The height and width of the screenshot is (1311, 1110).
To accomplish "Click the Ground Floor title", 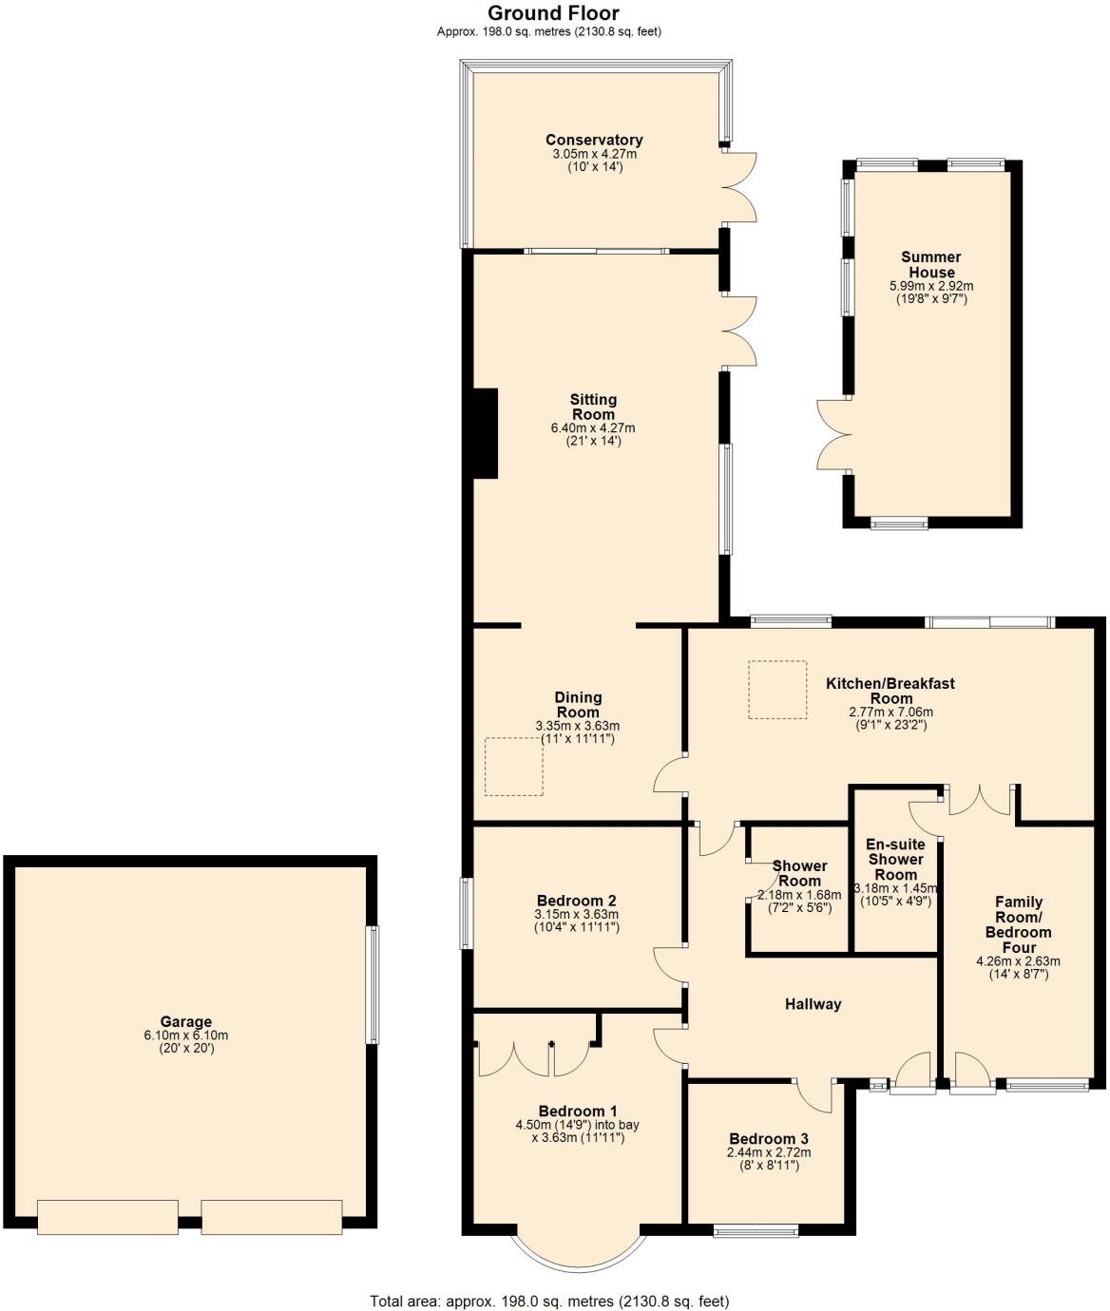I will [552, 13].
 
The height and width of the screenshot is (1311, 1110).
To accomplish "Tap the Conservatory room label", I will [594, 141].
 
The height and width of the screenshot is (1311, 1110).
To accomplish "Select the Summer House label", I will [931, 264].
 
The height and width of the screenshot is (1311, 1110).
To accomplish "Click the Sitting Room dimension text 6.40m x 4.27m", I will [593, 428].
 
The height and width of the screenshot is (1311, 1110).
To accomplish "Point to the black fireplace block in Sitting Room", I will [486, 432].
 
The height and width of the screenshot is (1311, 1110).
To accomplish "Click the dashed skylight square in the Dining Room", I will [514, 766].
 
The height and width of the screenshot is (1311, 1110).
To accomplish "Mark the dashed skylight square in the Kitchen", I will [777, 691].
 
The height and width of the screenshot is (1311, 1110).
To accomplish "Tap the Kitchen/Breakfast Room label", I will [890, 691].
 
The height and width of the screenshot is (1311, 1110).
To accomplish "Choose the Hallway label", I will [813, 1004].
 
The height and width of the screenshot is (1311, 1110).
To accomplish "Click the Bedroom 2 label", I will [577, 901].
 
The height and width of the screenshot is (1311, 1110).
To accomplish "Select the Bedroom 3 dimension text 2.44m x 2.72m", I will [769, 1153].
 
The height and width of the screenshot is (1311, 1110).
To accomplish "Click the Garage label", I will [185, 1022].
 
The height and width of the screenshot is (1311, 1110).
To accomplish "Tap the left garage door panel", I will [107, 1217].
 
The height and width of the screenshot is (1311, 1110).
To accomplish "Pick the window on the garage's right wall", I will [373, 985].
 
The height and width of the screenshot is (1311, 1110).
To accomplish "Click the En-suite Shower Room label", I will [895, 859].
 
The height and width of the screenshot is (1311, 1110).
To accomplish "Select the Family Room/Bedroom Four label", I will [1018, 924].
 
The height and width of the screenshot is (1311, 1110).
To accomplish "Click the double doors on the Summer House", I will [833, 435].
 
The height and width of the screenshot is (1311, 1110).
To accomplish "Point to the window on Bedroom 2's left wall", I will [466, 913].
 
